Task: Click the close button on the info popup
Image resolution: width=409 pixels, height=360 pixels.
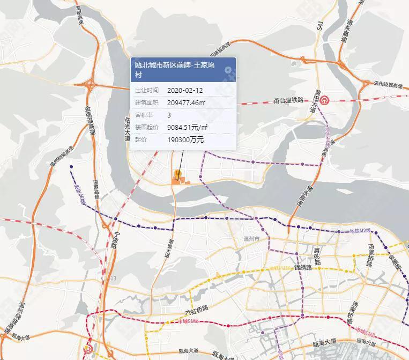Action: coord(228,70)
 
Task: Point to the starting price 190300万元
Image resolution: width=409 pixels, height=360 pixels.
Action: coord(185,139)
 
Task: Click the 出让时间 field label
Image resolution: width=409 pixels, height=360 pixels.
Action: coord(146,90)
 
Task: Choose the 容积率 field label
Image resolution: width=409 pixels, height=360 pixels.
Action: coord(143,115)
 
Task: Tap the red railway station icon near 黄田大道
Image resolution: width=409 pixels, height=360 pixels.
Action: coord(325,100)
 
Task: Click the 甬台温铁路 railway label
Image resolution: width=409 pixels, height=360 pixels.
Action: coord(288,100)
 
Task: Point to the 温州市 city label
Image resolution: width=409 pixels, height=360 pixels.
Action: coord(251,238)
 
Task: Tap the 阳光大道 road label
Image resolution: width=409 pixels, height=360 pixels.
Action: coord(127,129)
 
